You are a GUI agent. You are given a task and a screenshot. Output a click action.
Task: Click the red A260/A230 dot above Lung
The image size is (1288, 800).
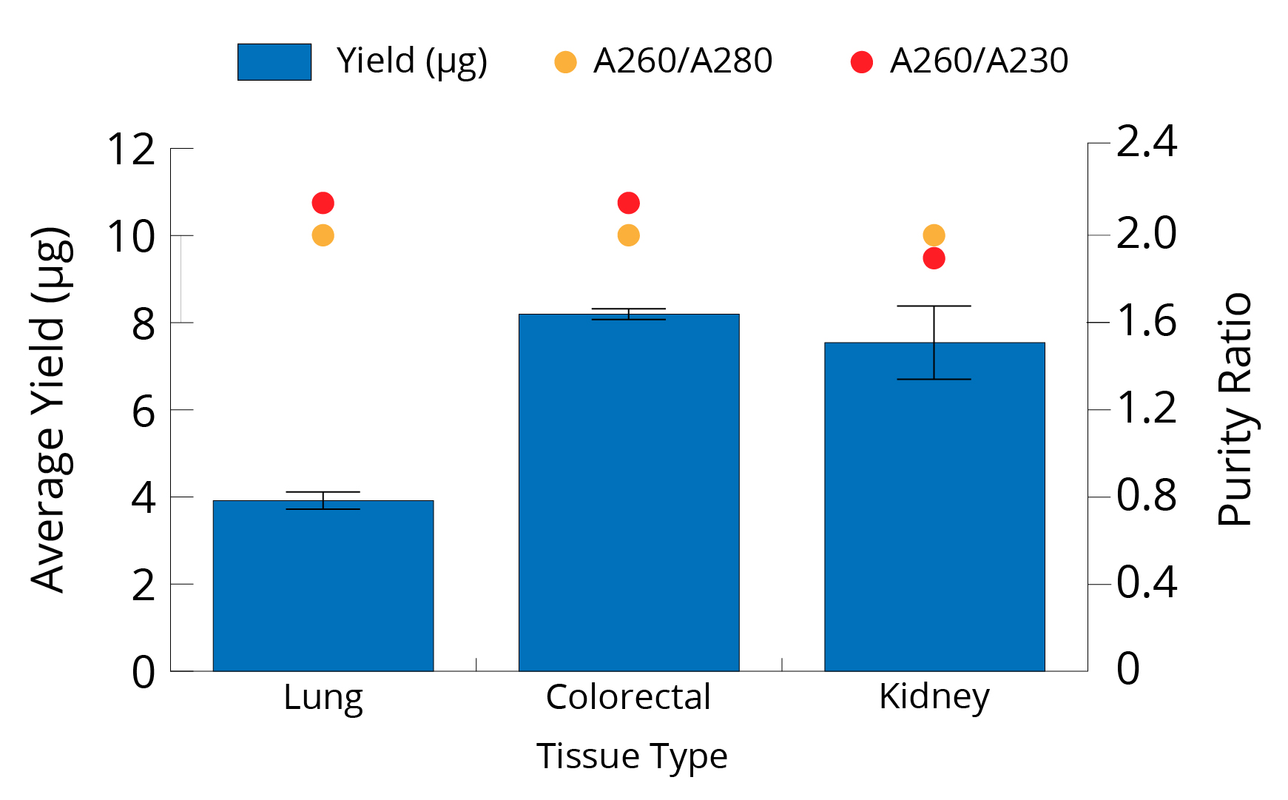(x=323, y=203)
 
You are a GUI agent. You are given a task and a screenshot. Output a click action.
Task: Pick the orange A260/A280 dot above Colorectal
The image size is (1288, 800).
(x=629, y=235)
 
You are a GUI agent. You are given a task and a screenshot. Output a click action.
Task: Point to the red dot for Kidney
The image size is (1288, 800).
(x=934, y=258)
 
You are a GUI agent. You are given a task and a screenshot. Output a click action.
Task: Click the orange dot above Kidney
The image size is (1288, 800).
(x=934, y=235)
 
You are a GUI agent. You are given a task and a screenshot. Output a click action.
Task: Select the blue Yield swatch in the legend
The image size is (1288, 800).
(x=274, y=62)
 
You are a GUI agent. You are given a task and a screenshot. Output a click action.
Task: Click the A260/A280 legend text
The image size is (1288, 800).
(x=682, y=61)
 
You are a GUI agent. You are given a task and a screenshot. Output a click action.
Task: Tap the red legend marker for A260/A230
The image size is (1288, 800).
(x=862, y=62)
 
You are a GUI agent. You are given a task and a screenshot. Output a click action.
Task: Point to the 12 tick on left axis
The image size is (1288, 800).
(x=132, y=149)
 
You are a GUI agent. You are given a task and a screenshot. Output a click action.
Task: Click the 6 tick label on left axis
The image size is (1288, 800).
(x=144, y=411)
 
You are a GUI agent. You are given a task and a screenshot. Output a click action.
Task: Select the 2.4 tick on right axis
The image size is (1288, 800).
(x=1146, y=142)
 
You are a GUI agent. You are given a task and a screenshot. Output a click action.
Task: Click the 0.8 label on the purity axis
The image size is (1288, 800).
(x=1146, y=495)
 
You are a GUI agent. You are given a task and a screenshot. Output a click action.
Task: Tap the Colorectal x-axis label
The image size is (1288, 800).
(x=629, y=697)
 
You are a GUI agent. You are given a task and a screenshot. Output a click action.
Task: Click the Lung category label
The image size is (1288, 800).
(x=323, y=697)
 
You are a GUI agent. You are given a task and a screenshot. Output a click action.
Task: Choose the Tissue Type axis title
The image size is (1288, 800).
(x=632, y=756)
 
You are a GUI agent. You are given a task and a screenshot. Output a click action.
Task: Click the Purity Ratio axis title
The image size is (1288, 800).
(x=1235, y=409)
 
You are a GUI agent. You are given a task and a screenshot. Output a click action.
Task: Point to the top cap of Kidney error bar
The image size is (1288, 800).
(x=934, y=306)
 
